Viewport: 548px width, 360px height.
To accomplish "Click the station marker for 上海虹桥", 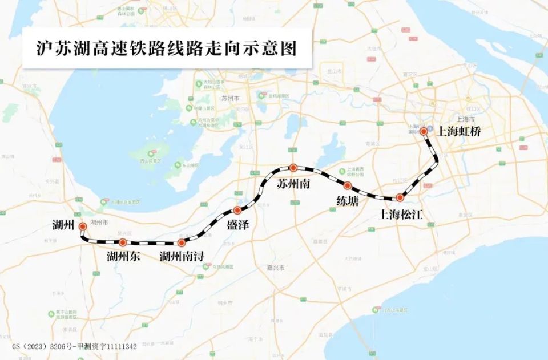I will tap(424, 131).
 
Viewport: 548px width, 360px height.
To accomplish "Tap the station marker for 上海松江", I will tap(400, 197).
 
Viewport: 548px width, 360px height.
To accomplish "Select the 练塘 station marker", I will tap(347, 185).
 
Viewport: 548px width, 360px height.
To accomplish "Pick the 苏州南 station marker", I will tap(293, 168).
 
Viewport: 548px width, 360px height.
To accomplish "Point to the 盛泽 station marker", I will tap(237, 211).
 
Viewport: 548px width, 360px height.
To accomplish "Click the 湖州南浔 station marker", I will tap(182, 242).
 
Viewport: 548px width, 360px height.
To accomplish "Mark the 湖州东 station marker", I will tap(123, 242).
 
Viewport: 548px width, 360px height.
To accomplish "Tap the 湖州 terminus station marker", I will tap(83, 226).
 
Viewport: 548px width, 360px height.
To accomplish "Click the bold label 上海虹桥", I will tap(460, 131).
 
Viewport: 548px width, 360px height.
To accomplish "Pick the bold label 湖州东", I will tap(123, 256).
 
